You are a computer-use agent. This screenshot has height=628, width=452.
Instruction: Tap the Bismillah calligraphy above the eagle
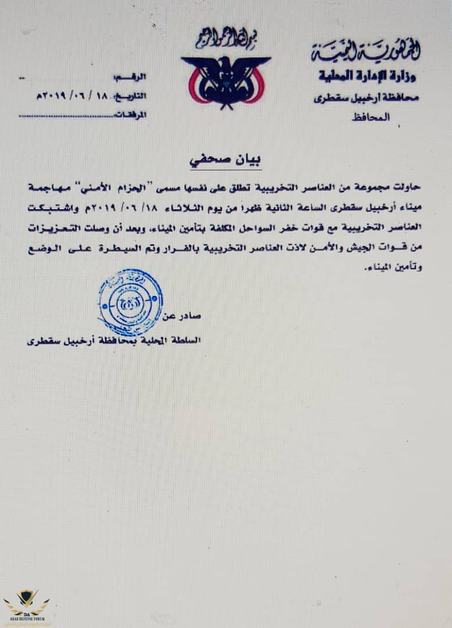pos(225,40)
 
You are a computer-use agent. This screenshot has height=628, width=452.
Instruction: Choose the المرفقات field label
pos(131,115)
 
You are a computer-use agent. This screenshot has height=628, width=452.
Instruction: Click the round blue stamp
pos(131,302)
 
